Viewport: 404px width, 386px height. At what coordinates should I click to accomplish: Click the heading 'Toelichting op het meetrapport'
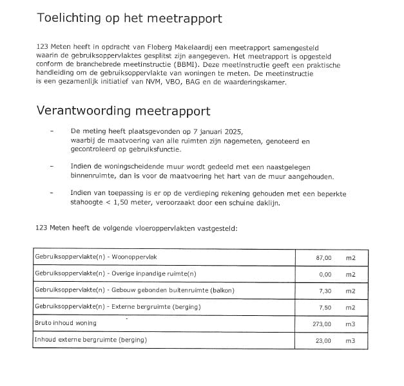130,18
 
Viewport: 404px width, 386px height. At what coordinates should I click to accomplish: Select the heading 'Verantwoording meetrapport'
123,111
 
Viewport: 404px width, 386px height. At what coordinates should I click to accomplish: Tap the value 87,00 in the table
323,258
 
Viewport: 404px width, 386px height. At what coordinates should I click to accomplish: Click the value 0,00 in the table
325,274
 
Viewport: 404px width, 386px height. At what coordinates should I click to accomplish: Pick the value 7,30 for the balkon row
325,291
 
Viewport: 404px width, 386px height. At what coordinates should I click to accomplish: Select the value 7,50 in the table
325,308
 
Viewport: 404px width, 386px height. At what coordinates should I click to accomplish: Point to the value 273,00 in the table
322,324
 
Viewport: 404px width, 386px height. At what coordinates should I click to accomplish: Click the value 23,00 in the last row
323,340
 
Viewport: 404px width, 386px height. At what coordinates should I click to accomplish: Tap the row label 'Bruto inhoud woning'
66,323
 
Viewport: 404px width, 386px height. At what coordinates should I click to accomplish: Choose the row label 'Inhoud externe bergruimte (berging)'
87,340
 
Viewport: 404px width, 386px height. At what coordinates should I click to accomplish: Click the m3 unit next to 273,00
351,324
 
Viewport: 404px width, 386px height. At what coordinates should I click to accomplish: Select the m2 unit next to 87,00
351,258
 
